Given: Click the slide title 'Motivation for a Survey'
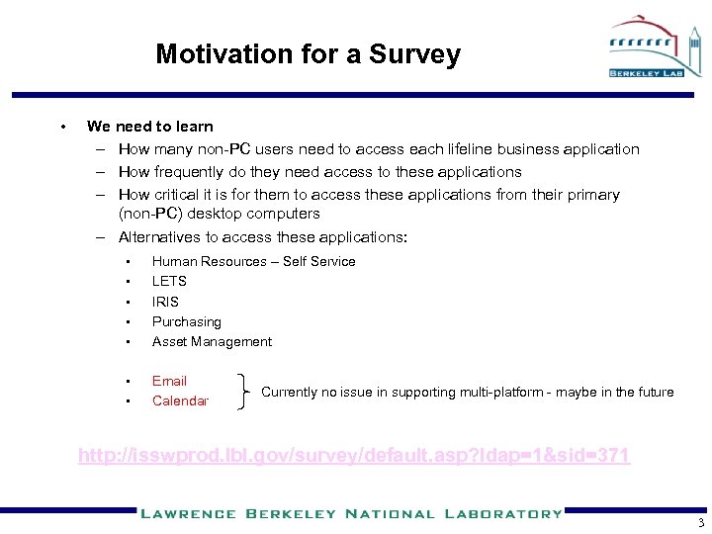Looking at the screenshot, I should coord(308,54).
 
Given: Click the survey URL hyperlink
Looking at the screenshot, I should coord(354,456).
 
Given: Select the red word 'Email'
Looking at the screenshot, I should coord(169,381).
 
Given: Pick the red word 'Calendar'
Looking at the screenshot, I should coord(180,400).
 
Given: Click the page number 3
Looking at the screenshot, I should coord(699,524).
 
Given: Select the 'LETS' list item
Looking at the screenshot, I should coord(169,281).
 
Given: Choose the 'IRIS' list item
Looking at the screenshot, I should coord(165,302).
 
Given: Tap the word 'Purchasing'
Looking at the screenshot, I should coord(186,321).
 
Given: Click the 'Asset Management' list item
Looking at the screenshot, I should coord(212,341).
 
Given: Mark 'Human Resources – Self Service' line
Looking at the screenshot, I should coord(253,261).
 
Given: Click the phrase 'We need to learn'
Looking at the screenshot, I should coord(149,126).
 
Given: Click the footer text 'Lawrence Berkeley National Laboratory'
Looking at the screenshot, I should coord(350,513).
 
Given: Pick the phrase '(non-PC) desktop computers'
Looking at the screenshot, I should coord(219,213).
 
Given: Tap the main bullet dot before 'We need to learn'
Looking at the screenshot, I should coord(62,126).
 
